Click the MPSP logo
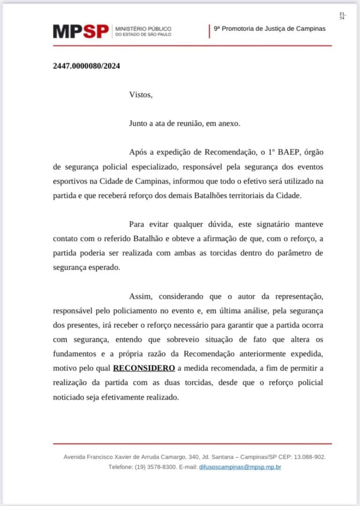click(81, 31)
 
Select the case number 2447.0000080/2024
click(86, 66)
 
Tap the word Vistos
click(141, 95)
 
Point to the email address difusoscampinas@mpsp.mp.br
click(240, 467)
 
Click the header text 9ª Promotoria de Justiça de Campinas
click(270, 29)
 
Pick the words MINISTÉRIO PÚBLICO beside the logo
click(143, 29)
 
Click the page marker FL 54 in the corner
click(342, 16)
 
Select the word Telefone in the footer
click(120, 467)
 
